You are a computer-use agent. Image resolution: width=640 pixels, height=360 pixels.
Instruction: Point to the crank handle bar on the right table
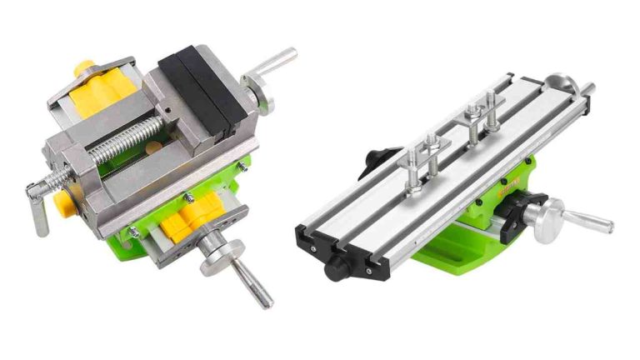click(591, 223)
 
